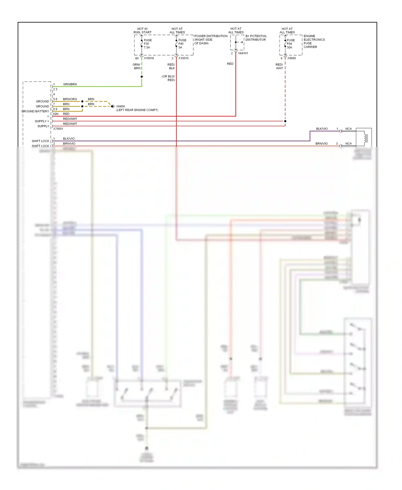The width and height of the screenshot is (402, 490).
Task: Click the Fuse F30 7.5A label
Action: pyautogui.click(x=147, y=44)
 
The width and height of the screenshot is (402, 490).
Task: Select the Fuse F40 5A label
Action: pyautogui.click(x=182, y=44)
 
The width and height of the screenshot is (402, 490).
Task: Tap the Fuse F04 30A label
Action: pyautogui.click(x=290, y=44)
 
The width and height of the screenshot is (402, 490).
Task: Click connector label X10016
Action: pyautogui.click(x=149, y=58)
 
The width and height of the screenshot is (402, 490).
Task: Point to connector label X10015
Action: pyautogui.click(x=183, y=58)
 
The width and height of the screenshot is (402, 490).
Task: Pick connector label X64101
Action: pyautogui.click(x=243, y=53)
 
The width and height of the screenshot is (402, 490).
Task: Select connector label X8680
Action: pyautogui.click(x=292, y=58)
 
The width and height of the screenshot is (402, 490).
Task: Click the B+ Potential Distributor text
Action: pyautogui.click(x=256, y=38)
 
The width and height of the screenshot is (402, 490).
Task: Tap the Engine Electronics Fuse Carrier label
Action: pyautogui.click(x=314, y=41)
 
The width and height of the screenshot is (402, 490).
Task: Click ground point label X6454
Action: pyautogui.click(x=120, y=106)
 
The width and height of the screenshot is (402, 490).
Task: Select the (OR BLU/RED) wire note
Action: pyautogui.click(x=168, y=78)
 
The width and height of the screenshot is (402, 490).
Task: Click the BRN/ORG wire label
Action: pyautogui.click(x=70, y=99)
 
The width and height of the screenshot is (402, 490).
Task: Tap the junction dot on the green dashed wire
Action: pyautogui.click(x=142, y=77)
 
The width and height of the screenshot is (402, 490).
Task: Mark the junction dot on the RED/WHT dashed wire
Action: pyautogui.click(x=285, y=121)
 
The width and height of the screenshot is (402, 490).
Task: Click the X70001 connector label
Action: pyautogui.click(x=58, y=129)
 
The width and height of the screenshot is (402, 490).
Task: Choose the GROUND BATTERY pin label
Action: pyautogui.click(x=35, y=111)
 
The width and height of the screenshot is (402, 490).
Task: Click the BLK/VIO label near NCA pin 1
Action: pyautogui.click(x=322, y=129)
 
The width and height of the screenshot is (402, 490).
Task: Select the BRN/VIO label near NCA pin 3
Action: pyautogui.click(x=321, y=143)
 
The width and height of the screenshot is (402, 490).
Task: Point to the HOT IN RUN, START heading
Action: pyautogui.click(x=142, y=31)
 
